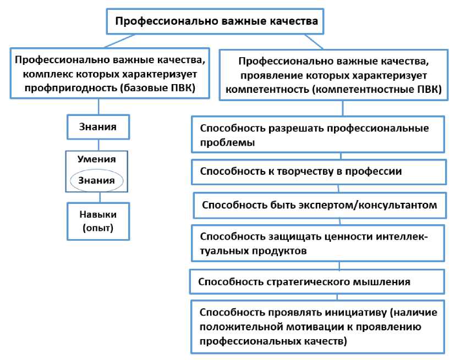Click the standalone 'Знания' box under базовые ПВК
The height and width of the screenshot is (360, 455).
pos(98,126)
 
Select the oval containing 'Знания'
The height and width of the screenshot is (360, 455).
pos(97,180)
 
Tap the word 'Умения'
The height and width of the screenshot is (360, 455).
pos(97,159)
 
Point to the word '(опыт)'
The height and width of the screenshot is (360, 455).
pos(97,228)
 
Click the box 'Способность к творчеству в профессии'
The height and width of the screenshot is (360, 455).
pos(319,171)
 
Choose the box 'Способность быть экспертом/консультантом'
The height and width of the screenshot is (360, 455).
pos(320,206)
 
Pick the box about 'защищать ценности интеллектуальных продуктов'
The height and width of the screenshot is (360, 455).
pos(319,243)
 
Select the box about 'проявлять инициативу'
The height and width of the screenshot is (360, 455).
pos(319,326)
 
